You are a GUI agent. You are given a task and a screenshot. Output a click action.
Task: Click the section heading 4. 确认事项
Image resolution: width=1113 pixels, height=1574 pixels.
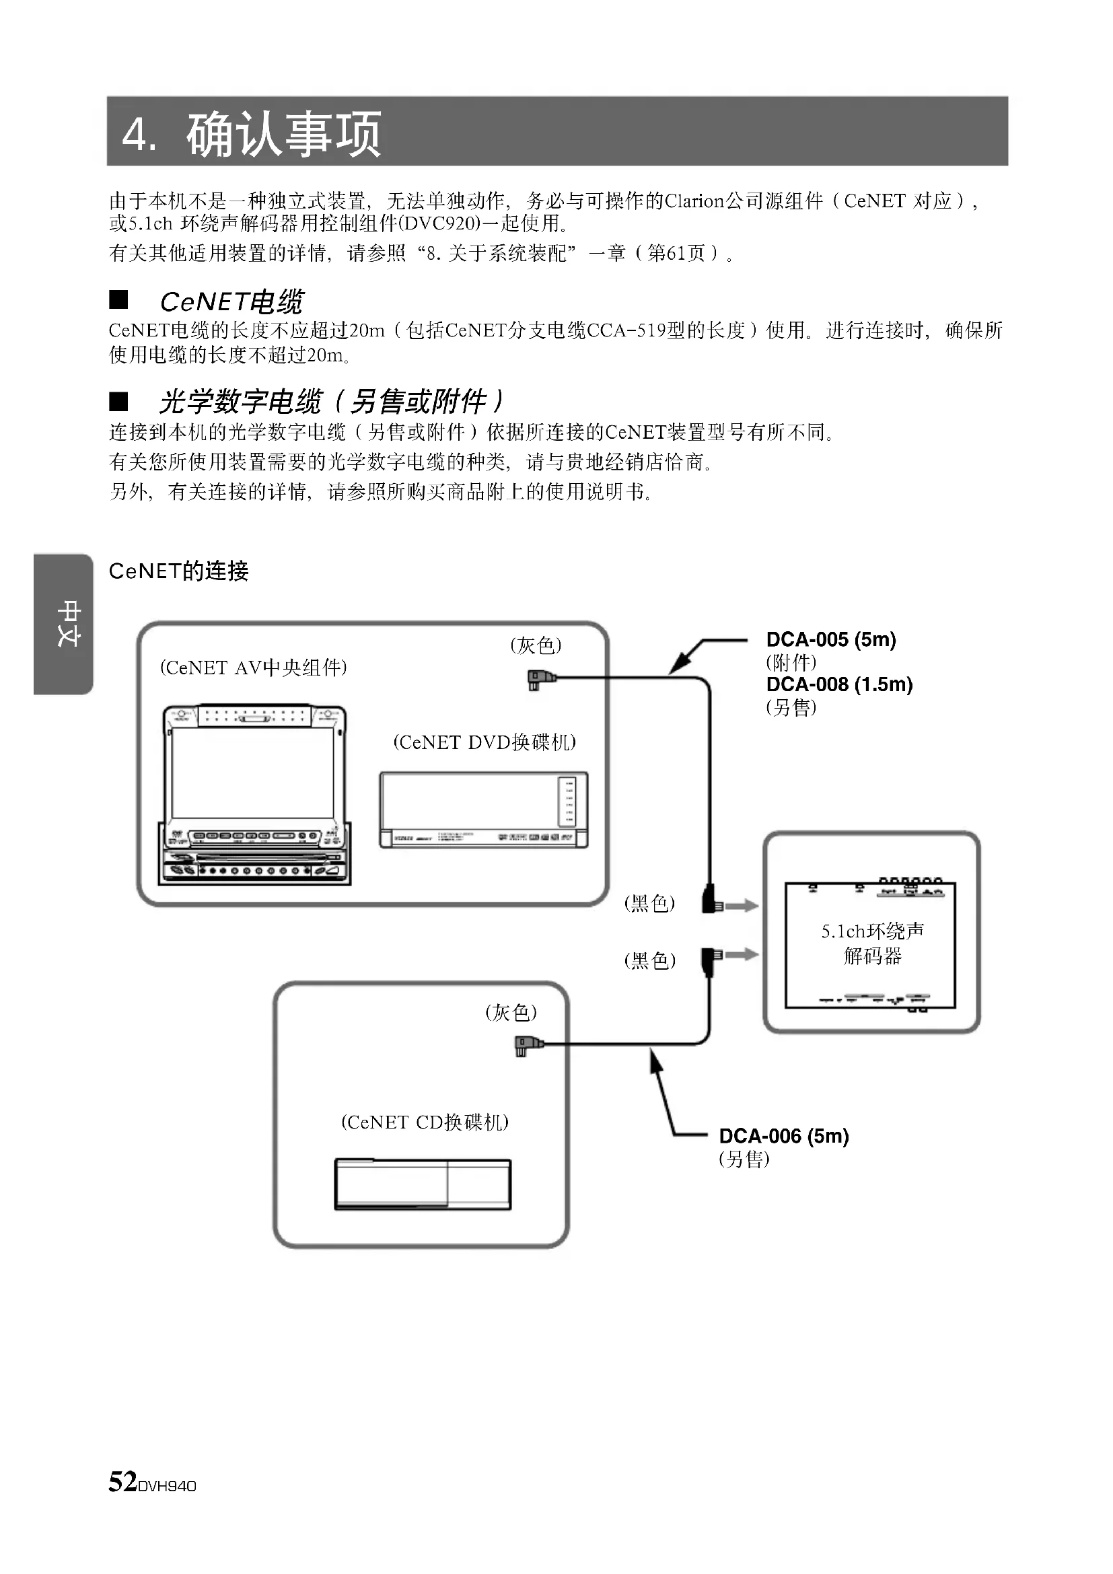coord(251,133)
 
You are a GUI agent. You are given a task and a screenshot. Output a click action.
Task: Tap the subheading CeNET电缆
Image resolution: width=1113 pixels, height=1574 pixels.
coord(231,301)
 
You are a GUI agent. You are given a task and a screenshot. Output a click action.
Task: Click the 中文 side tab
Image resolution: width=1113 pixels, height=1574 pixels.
coord(67,623)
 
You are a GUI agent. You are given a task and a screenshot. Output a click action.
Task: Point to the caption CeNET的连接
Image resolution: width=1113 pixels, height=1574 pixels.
coord(178,571)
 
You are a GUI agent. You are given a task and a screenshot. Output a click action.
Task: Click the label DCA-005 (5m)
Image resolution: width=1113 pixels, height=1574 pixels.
coord(830,639)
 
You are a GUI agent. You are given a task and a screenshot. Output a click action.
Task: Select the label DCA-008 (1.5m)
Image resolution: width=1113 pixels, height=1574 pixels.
coord(839,684)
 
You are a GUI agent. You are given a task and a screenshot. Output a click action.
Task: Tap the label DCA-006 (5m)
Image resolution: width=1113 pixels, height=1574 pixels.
coord(783,1136)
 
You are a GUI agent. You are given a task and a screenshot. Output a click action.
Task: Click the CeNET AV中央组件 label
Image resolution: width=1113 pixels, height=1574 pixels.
coord(254,667)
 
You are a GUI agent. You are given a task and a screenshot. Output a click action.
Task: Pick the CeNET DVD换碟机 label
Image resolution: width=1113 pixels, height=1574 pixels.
coord(484,742)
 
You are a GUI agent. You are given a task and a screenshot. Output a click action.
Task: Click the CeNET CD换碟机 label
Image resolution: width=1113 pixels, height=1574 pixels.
coord(425,1122)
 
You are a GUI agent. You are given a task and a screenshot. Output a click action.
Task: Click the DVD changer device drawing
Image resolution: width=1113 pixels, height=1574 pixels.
coord(484,810)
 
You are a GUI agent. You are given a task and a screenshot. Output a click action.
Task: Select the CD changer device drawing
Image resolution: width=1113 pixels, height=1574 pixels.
coord(423,1184)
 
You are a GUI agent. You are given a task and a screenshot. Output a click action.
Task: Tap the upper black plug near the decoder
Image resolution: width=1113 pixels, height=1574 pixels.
coord(711,901)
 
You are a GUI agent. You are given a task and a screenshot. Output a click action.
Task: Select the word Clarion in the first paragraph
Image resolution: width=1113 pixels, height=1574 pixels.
coord(694,201)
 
